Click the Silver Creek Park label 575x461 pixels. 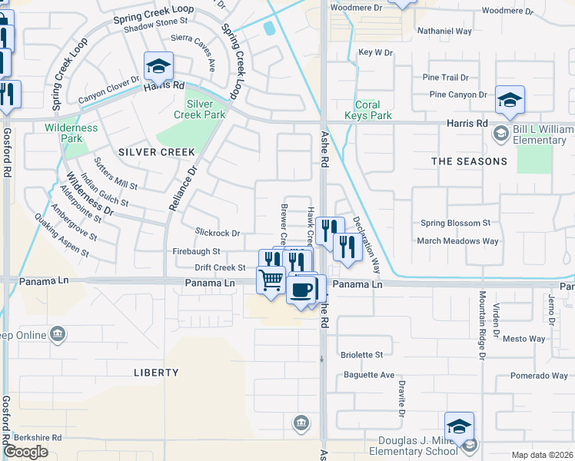click(205, 109)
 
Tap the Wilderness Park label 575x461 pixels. click(71, 133)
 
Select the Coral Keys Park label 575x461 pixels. click(373, 111)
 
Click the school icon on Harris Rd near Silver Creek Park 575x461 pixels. click(158, 68)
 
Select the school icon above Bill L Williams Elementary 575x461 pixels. click(509, 99)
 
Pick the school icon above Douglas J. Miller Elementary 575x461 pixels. click(459, 426)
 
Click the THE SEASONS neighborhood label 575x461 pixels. click(469, 161)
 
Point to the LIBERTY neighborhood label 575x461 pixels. click(156, 373)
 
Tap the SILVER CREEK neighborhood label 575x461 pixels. click(157, 152)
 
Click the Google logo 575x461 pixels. click(25, 452)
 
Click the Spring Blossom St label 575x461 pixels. click(455, 223)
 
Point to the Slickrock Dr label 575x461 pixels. click(218, 233)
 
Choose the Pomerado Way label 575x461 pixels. click(539, 376)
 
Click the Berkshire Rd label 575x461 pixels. click(37, 436)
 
